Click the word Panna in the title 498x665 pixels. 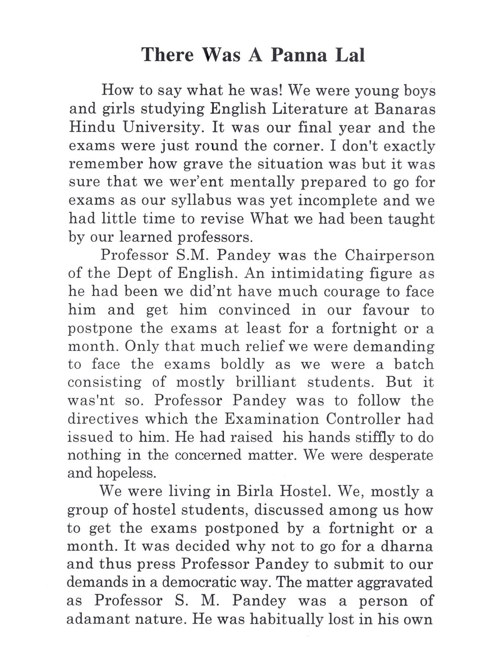pos(299,55)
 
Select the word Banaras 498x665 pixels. pos(405,109)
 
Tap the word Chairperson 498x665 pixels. pos(389,255)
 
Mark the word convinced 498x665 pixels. pos(254,310)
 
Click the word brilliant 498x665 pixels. pos(266,382)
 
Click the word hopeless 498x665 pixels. pos(126,473)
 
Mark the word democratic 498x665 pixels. pos(203,582)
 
